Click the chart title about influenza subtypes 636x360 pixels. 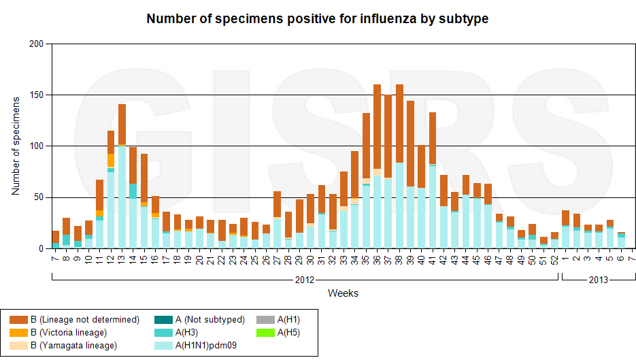[318, 18]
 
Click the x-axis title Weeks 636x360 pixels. [343, 293]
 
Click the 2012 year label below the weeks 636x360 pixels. [304, 280]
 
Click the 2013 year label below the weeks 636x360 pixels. [598, 280]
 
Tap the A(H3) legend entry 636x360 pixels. [188, 333]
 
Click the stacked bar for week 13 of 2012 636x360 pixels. [122, 176]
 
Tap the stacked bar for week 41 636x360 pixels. [433, 180]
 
